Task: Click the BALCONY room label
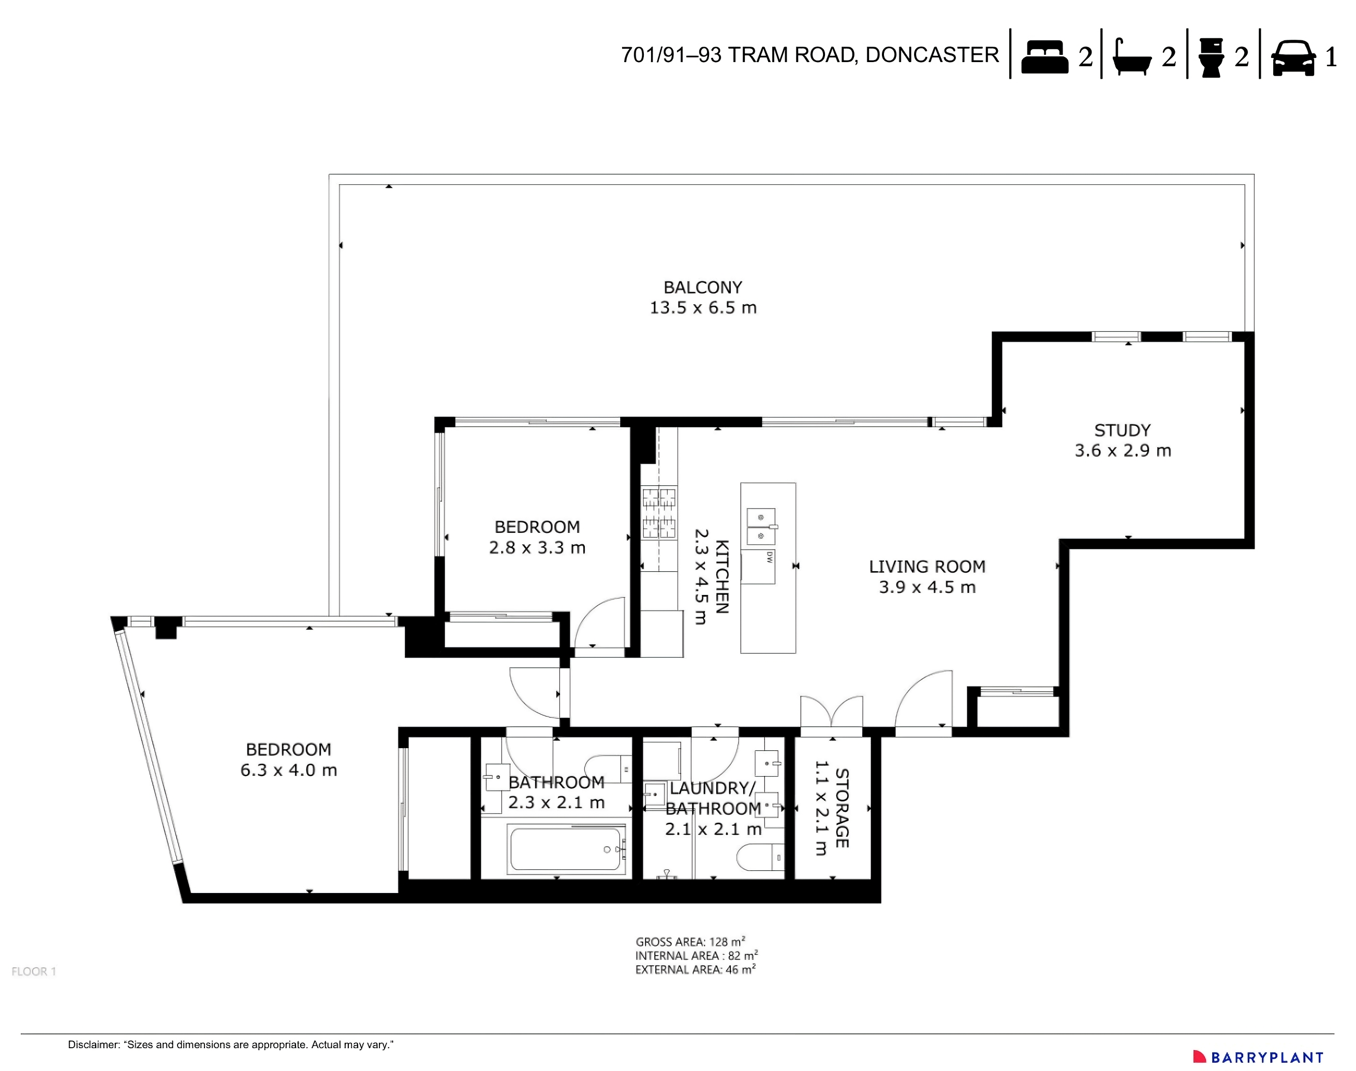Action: (702, 287)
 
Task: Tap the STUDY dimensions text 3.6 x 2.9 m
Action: (1123, 451)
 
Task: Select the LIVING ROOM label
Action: (927, 567)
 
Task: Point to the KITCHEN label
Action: (722, 576)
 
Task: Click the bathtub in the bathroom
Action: (566, 850)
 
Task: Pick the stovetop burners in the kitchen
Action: (659, 512)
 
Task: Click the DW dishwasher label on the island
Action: (769, 557)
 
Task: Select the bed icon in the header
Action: (1044, 57)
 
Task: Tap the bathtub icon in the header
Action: (1131, 57)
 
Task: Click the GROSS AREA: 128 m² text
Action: (690, 941)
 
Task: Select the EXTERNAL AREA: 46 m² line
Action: (695, 970)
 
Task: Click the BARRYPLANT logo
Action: (1258, 1057)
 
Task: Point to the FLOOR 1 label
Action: (34, 971)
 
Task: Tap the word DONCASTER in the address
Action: (932, 55)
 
